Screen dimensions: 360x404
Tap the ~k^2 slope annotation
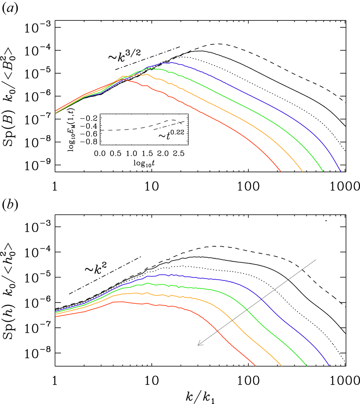tap(96, 268)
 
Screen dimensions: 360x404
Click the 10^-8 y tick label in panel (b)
tap(38, 353)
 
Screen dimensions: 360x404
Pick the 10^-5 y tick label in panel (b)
tap(38, 277)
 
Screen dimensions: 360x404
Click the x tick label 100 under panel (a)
tap(248, 186)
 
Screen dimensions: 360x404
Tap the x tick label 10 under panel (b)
tap(152, 381)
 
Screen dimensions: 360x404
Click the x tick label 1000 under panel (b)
tap(345, 381)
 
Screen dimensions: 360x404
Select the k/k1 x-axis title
tap(200, 397)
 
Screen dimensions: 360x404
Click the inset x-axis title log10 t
tap(144, 163)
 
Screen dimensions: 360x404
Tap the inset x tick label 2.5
tap(179, 153)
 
